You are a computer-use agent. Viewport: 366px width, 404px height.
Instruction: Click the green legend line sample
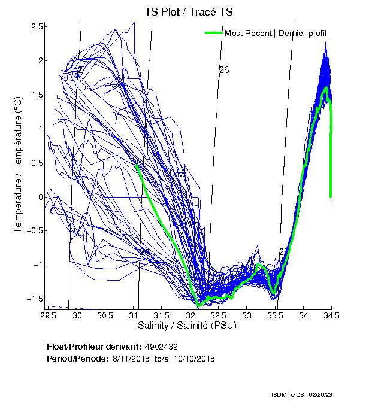coord(213,32)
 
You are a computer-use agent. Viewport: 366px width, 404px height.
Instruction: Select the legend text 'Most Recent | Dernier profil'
coord(276,33)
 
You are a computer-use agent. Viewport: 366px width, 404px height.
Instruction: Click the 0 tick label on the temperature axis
coord(41,197)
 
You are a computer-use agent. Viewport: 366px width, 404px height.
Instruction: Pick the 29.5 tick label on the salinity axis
coord(49,315)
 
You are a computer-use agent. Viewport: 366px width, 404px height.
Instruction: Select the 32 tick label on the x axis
coord(190,315)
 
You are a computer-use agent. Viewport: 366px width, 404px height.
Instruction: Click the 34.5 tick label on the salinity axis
coord(331,315)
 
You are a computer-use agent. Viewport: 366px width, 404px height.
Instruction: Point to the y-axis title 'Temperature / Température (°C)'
coord(19,168)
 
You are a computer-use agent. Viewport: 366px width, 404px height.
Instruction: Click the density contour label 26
coord(223,71)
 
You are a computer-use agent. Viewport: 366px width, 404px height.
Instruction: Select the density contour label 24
coord(81,71)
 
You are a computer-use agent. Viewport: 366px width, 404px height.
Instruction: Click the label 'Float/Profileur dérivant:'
coord(93,347)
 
